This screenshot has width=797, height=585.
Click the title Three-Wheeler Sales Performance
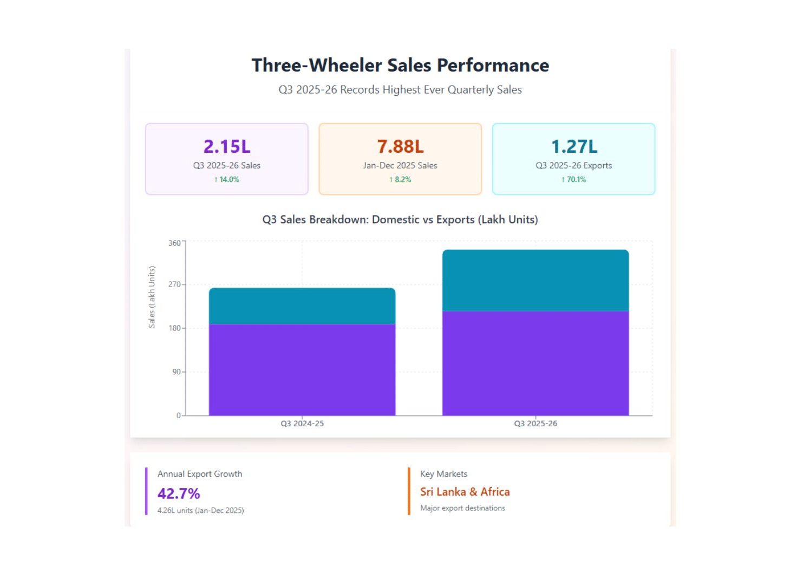tap(400, 66)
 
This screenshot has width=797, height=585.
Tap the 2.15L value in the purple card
tap(227, 146)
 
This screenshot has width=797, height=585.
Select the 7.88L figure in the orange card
tap(400, 146)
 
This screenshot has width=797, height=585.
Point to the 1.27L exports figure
tap(574, 146)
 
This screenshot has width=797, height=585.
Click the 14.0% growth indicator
tap(227, 179)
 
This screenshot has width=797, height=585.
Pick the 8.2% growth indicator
tap(400, 179)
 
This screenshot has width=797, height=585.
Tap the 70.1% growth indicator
tap(574, 179)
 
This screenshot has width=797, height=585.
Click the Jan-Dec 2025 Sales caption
tap(400, 165)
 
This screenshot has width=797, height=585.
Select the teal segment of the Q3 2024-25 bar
tap(302, 306)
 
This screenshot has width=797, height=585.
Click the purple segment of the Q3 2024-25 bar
tap(302, 370)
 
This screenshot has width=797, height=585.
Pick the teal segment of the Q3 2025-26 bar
tap(535, 280)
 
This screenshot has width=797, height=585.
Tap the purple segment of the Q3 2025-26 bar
tap(535, 363)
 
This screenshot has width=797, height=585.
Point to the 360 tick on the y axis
tap(174, 243)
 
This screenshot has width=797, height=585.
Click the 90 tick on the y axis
tap(177, 372)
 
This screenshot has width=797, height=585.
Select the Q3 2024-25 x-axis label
tap(302, 424)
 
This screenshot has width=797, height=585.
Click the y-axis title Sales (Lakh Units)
tap(152, 297)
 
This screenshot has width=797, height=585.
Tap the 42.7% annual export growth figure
tap(179, 493)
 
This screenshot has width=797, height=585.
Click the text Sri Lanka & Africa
tap(465, 492)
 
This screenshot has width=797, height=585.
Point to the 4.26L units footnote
tap(200, 510)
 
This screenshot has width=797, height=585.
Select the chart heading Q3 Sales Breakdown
tap(400, 219)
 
